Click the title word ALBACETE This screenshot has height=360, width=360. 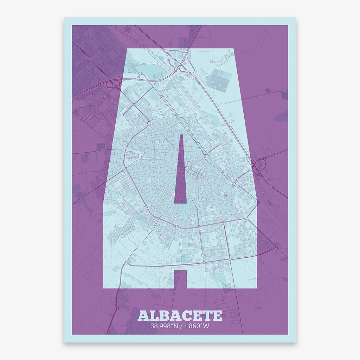(x=180, y=315)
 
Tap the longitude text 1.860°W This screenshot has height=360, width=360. (x=197, y=326)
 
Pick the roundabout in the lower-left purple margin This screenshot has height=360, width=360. (x=117, y=308)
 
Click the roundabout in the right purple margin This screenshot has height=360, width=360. (x=276, y=247)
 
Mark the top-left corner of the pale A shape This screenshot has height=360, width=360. (x=127, y=48)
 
